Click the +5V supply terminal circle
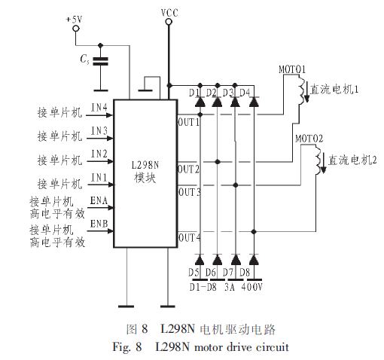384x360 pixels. point(76,29)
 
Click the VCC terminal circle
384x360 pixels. point(169,22)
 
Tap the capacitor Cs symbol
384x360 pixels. point(100,61)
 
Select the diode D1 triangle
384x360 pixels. point(200,102)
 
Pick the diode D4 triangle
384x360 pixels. point(254,102)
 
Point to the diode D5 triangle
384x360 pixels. point(200,260)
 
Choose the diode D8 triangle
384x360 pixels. point(254,260)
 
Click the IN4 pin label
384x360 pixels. point(99,108)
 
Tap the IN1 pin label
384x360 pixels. point(99,178)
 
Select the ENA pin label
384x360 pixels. point(99,200)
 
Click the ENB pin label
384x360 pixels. point(99,224)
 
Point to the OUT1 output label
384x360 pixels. point(188,122)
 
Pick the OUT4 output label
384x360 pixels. point(190,237)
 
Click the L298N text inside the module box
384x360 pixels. point(145,165)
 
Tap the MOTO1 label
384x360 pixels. point(292,69)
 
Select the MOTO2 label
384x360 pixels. point(309,139)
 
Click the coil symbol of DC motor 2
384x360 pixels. point(318,160)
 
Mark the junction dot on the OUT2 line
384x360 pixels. point(218,162)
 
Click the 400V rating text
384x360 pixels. point(251,287)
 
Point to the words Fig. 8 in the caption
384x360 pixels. point(127,347)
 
